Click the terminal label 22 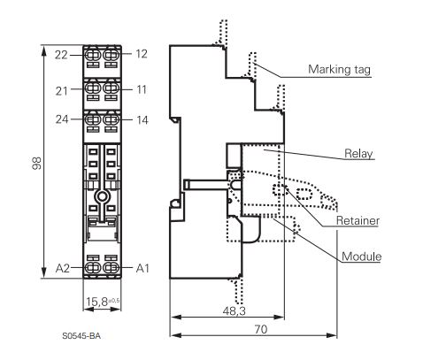pyautogui.click(x=61, y=55)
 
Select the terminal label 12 pyautogui.click(x=142, y=54)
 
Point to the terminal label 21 pyautogui.click(x=62, y=91)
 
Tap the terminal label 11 pyautogui.click(x=142, y=89)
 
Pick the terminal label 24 pyautogui.click(x=62, y=119)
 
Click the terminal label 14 pyautogui.click(x=142, y=120)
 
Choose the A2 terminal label pyautogui.click(x=63, y=268)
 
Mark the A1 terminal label pyautogui.click(x=142, y=268)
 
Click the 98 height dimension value pyautogui.click(x=37, y=163)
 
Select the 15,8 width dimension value pyautogui.click(x=96, y=302)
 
